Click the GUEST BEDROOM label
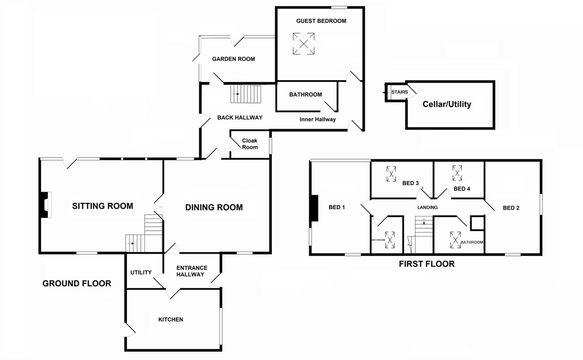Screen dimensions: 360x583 pos(321,21)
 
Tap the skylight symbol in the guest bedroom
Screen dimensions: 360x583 pos(303,44)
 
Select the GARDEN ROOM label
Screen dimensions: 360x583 pos(233,59)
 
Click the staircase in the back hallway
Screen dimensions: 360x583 pos(246,94)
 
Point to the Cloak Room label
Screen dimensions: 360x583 pos(250,144)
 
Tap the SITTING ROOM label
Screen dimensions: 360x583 pos(103,206)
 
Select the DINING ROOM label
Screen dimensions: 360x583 pos(214,207)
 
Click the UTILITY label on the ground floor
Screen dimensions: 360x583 pos(141,272)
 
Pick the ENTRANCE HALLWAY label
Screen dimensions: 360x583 pos(191,271)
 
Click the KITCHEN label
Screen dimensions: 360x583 pos(171,319)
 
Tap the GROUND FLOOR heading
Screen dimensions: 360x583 pos(77,284)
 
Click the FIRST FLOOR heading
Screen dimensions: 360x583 pos(427,264)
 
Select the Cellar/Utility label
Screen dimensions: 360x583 pos(447,104)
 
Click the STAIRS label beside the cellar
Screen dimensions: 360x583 pos(399,92)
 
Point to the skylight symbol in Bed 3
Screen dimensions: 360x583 pos(391,174)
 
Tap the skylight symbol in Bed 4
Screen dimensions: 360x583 pos(457,173)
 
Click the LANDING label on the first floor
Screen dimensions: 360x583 pos(427,207)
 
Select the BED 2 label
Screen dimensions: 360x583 pos(511,208)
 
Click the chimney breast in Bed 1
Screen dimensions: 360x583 pos(315,208)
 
